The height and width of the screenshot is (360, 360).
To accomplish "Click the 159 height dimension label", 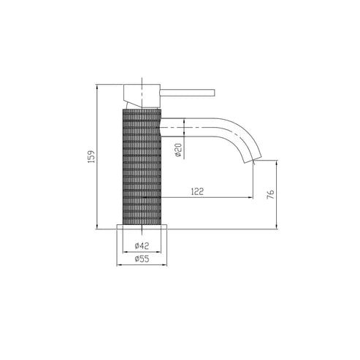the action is [x=91, y=156].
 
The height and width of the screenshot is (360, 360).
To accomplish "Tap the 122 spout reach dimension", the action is [x=197, y=191].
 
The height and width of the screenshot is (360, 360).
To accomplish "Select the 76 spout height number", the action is [x=270, y=194].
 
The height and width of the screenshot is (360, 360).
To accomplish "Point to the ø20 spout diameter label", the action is [x=178, y=150].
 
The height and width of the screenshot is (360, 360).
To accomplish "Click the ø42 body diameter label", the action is [x=142, y=246].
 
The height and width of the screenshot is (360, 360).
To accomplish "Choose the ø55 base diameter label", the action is [x=142, y=258].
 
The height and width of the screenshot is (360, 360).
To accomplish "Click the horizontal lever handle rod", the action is [x=187, y=93].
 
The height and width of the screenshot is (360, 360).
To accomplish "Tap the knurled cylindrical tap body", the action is [x=142, y=167].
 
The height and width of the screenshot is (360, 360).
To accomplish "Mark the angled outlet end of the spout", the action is [x=253, y=159].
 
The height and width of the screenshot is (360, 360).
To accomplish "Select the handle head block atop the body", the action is [x=142, y=96].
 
